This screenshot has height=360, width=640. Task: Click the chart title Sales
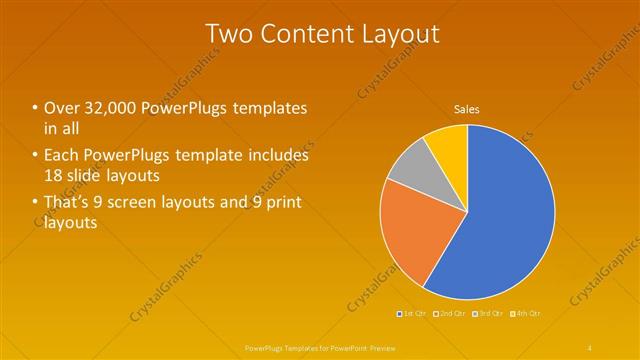(x=467, y=108)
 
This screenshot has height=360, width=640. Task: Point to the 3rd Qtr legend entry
(x=489, y=313)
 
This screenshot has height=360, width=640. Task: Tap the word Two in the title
(x=227, y=33)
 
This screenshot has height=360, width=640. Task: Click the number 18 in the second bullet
(x=55, y=175)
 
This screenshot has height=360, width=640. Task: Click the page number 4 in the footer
(x=591, y=347)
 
